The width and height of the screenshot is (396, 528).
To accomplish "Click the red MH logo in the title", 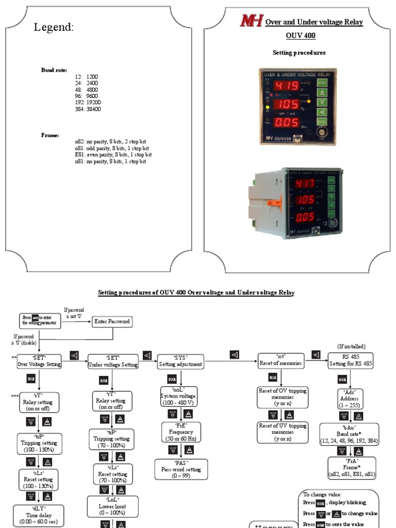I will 251,21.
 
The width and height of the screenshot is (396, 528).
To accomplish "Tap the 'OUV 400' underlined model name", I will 300,36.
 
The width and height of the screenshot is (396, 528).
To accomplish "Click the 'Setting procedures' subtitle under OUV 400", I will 299,53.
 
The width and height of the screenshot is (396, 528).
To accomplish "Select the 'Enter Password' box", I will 112,322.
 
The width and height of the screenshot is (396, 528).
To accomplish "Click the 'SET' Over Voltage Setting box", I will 39,361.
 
